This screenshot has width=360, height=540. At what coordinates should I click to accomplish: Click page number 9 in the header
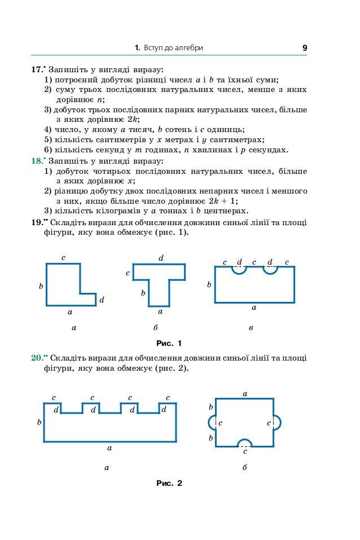[305, 48]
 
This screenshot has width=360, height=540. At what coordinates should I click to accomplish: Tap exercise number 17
[37, 69]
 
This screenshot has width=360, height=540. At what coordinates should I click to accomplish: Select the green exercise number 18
[37, 161]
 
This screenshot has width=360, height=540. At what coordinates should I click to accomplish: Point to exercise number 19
[38, 222]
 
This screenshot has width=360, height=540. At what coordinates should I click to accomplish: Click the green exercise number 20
[38, 357]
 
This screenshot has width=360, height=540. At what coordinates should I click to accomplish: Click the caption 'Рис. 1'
[169, 343]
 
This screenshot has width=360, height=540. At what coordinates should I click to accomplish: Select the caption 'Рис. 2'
[169, 483]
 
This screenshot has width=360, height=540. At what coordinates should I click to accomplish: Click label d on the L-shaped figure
[102, 300]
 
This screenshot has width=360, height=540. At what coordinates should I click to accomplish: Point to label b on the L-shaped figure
[41, 286]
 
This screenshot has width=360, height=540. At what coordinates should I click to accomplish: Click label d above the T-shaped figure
[161, 258]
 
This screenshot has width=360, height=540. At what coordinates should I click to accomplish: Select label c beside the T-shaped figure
[128, 273]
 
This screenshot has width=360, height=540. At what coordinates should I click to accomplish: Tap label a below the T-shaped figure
[160, 311]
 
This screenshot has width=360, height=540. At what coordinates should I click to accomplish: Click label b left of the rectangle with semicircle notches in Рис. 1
[209, 284]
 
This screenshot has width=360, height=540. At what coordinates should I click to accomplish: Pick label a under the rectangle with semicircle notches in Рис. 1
[254, 308]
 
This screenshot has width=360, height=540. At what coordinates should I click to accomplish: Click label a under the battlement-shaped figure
[109, 447]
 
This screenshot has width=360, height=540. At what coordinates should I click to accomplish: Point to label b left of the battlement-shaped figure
[39, 422]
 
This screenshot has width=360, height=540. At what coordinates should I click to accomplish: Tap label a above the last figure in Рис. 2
[245, 393]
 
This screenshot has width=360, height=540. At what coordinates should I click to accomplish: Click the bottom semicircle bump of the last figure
[244, 442]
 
